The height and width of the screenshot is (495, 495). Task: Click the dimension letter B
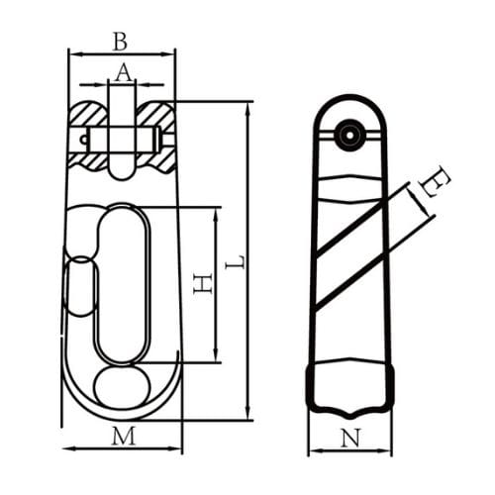pos(121,41)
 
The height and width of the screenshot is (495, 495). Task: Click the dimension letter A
pos(123,71)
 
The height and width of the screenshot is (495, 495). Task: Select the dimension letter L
pos(235,264)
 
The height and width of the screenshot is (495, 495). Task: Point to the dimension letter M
pos(123,435)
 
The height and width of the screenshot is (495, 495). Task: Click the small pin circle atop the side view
pos(347,134)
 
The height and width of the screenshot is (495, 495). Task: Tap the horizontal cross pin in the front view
pos(124,138)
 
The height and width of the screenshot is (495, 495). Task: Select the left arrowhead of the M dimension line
pos(67,448)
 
